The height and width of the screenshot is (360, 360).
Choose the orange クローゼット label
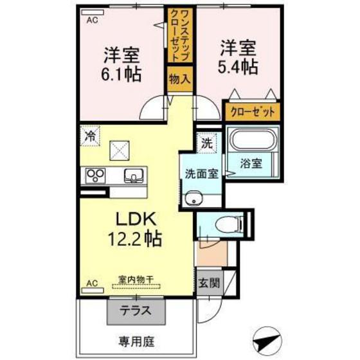(252, 111)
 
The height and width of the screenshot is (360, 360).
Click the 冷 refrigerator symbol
(90, 136)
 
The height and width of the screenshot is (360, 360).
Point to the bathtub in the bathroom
(253, 141)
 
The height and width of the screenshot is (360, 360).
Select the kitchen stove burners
(96, 174)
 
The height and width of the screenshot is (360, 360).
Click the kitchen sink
(134, 174)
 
